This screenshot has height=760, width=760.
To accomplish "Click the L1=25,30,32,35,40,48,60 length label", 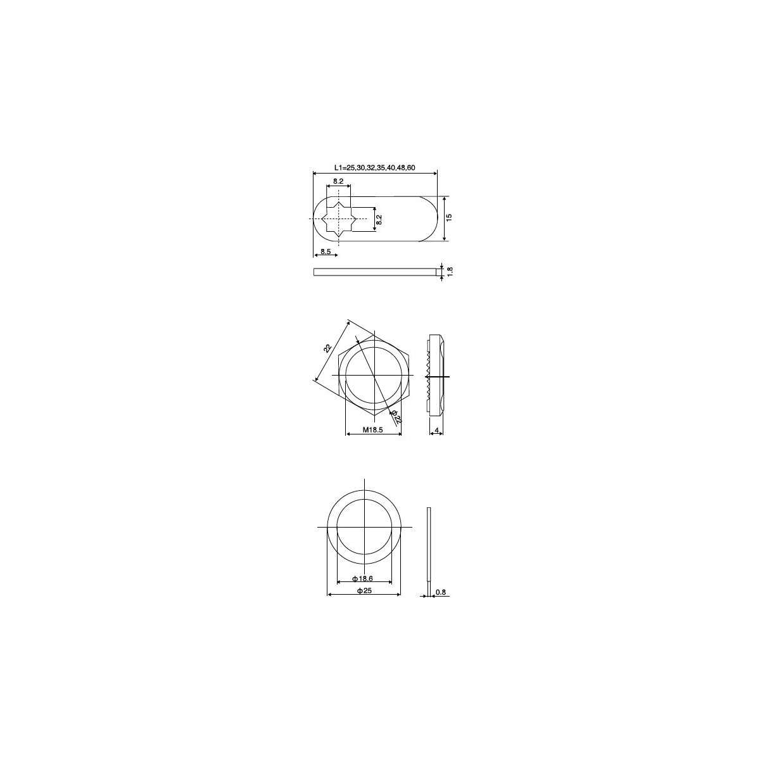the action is (x=374, y=168).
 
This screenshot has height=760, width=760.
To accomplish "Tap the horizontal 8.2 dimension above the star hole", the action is (x=338, y=181).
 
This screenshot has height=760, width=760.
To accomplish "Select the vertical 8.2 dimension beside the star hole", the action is (x=379, y=220).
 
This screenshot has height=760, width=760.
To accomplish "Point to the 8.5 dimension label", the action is (x=326, y=251).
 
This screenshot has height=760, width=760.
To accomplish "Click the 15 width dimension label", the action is (x=449, y=217).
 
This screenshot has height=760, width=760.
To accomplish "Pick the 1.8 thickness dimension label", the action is (x=450, y=271).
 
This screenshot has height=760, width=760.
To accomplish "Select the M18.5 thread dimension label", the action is (x=372, y=430).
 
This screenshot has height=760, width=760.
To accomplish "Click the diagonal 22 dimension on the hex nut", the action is (x=327, y=348).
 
